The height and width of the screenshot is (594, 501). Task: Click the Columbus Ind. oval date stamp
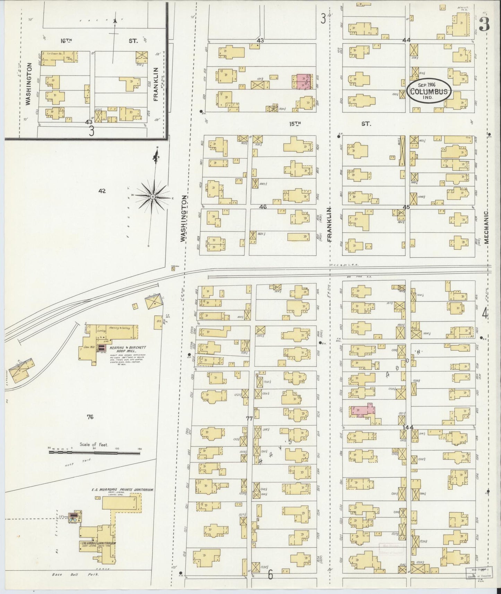click(x=429, y=91)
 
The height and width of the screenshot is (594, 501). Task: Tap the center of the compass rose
click(x=153, y=196)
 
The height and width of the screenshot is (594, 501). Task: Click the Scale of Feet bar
click(x=95, y=452)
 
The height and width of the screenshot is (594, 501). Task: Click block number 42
click(x=102, y=191)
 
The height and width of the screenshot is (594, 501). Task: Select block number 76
click(x=90, y=417)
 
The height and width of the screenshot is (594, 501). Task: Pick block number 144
click(x=407, y=428)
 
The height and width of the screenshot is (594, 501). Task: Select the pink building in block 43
click(x=303, y=81)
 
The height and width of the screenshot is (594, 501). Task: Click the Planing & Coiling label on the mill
click(x=120, y=328)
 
